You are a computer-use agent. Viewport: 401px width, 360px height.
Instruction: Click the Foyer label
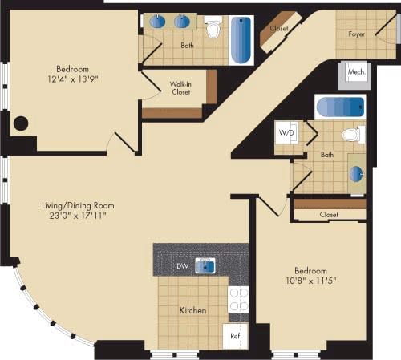357,34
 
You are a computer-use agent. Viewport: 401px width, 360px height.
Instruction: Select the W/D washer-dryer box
286,131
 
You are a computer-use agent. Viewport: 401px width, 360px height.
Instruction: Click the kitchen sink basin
205,265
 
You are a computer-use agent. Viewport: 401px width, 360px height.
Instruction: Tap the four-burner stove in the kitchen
238,299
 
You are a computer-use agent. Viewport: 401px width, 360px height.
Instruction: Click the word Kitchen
192,310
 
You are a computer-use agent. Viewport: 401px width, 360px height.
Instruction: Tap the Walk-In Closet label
179,89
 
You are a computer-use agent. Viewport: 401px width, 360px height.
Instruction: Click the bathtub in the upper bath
241,38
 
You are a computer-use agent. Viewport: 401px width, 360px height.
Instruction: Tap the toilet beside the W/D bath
351,135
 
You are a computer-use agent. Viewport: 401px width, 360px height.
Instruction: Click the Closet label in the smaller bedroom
328,215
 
